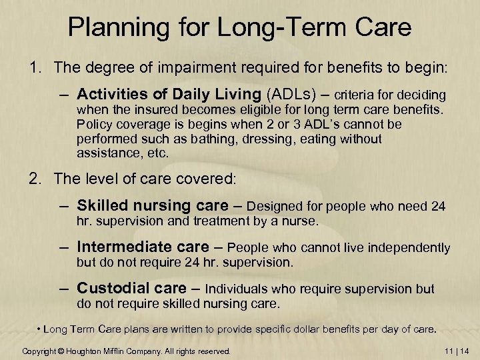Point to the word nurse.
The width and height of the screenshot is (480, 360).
[303, 220]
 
